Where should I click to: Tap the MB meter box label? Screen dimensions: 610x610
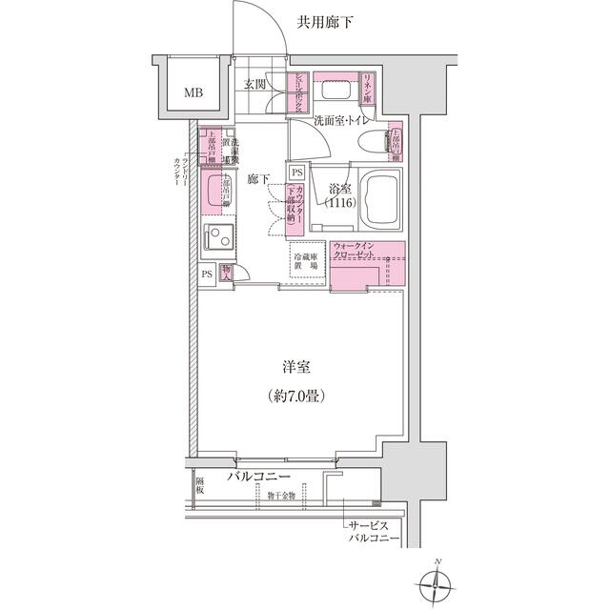[193, 92]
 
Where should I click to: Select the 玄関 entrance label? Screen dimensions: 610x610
[255, 86]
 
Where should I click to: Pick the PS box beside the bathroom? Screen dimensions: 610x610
[297, 172]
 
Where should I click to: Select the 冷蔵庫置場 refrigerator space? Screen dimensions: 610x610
[305, 262]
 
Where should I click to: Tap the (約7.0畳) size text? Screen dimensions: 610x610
[297, 395]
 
